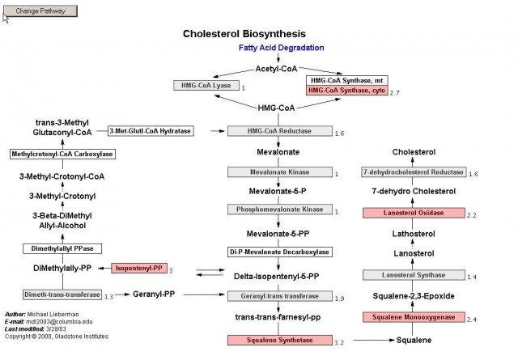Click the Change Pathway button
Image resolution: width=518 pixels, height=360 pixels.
[40, 11]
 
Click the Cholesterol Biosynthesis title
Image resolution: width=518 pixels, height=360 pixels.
[244, 34]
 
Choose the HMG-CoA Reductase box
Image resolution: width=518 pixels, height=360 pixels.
[279, 131]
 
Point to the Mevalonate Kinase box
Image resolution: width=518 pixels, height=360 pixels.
[279, 172]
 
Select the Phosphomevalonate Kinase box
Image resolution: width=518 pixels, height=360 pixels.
[279, 210]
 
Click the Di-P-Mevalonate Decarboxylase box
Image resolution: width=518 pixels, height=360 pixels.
[279, 252]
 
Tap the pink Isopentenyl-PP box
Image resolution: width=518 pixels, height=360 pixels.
[139, 268]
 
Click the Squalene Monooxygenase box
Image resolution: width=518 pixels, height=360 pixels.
[414, 317]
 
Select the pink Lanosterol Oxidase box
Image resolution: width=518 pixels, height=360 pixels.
[414, 213]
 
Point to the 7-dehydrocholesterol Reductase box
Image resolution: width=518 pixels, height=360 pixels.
[414, 172]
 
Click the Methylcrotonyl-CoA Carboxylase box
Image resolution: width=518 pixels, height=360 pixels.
[62, 154]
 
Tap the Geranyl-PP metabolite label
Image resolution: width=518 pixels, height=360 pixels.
[153, 294]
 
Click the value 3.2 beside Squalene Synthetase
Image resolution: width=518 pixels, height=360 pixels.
[339, 343]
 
